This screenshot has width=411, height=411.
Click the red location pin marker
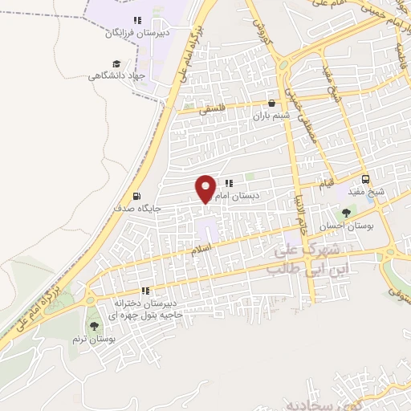[205, 189]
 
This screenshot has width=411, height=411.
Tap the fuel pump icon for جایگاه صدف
[136, 196]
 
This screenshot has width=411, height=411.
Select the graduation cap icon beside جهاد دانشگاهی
[117, 63]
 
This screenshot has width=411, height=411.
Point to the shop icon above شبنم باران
[271, 103]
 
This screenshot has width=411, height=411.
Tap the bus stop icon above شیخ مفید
[366, 179]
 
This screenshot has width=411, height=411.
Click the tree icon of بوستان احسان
[346, 213]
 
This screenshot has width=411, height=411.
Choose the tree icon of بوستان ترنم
[95, 326]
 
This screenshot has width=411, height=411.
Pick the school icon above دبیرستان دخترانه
[145, 291]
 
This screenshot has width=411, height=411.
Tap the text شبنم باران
[270, 116]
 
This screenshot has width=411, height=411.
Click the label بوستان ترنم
[96, 340]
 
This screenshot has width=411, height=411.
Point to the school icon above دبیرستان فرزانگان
[137, 21]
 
